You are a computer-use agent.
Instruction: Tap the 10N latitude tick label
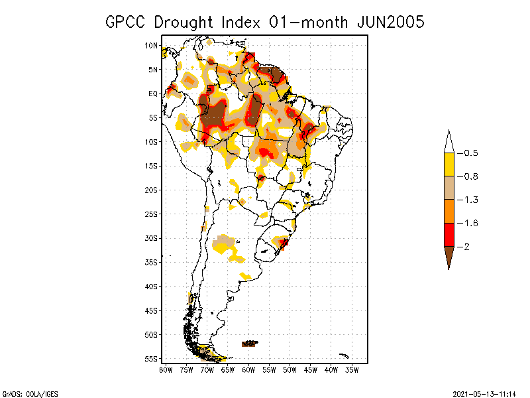151,46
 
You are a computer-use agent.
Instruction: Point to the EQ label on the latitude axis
152,94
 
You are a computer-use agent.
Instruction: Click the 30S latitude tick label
151,238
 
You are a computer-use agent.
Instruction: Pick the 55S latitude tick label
151,359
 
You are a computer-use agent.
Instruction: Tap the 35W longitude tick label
352,369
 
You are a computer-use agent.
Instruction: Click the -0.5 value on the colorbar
470,153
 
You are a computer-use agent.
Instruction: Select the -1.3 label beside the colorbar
470,200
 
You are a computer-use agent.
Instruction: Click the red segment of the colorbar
449,234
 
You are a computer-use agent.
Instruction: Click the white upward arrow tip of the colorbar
449,142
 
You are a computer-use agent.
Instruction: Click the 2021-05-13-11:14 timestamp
484,393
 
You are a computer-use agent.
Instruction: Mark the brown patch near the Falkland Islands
250,344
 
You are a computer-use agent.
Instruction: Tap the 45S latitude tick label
151,310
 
